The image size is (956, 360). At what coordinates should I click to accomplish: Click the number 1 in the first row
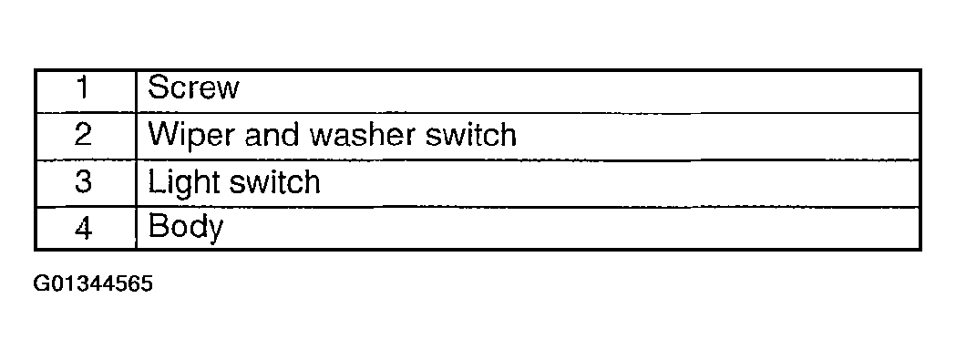pyautogui.click(x=84, y=87)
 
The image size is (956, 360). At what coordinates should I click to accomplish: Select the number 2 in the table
pyautogui.click(x=83, y=135)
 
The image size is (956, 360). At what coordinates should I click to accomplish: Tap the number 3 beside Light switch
pyautogui.click(x=83, y=182)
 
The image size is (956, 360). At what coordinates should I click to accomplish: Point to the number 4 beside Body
pyautogui.click(x=84, y=228)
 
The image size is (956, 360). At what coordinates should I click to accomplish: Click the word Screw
pyautogui.click(x=193, y=87)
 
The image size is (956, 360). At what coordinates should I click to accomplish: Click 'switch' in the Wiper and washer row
pyautogui.click(x=470, y=135)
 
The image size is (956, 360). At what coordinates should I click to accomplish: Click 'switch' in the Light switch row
pyautogui.click(x=273, y=182)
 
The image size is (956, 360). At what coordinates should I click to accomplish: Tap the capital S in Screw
pyautogui.click(x=158, y=87)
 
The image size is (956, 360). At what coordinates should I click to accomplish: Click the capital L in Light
pyautogui.click(x=156, y=182)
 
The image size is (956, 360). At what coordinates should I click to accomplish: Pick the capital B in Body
pyautogui.click(x=158, y=228)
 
